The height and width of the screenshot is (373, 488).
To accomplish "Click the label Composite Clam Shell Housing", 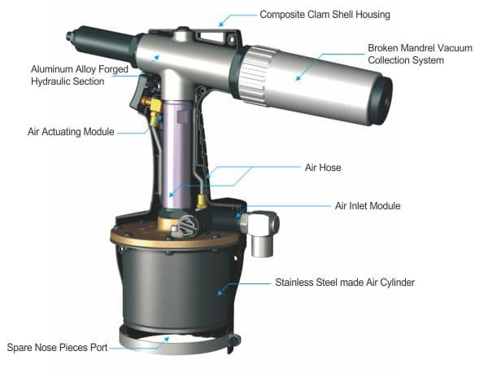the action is pyautogui.click(x=325, y=15).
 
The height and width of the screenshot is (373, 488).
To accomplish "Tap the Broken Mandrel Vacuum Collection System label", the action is pyautogui.click(x=420, y=54).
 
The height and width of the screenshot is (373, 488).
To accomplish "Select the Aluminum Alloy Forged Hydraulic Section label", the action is pyautogui.click(x=80, y=75).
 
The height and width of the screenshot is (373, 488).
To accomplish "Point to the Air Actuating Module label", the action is pyautogui.click(x=71, y=131).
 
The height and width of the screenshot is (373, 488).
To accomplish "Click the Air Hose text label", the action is pyautogui.click(x=323, y=168).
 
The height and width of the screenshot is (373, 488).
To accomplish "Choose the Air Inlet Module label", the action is pyautogui.click(x=368, y=206).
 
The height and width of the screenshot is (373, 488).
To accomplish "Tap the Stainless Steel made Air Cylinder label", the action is pyautogui.click(x=345, y=283).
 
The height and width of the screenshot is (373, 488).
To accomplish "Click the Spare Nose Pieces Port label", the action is pyautogui.click(x=57, y=347).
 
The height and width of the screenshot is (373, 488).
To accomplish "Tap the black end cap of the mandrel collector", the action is pyautogui.click(x=381, y=99).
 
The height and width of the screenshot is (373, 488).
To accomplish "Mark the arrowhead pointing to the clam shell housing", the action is pyautogui.click(x=221, y=24).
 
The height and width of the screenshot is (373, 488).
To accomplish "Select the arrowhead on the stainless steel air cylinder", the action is pyautogui.click(x=220, y=292).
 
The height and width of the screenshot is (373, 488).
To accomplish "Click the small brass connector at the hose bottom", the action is pyautogui.click(x=201, y=202).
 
